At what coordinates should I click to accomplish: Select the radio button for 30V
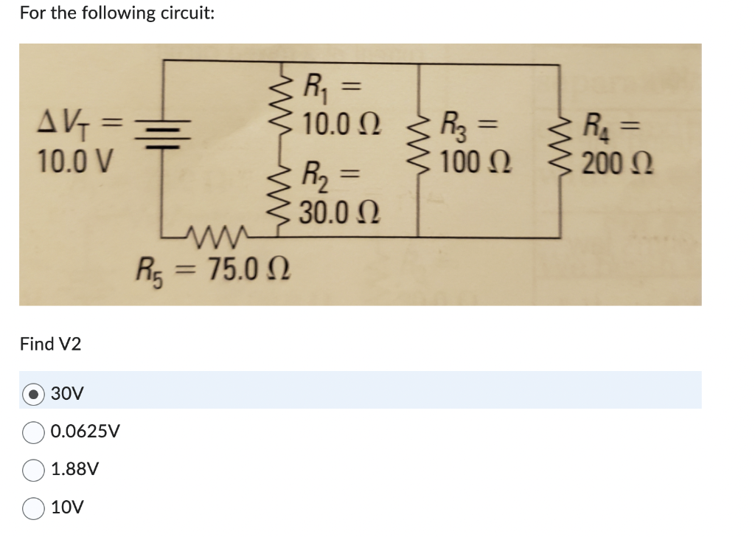(34, 394)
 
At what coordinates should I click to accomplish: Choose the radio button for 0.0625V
(34, 432)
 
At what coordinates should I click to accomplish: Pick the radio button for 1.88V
(34, 469)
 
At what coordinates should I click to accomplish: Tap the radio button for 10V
(34, 507)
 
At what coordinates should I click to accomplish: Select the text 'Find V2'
(51, 344)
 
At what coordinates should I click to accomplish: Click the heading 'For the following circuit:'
(117, 13)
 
